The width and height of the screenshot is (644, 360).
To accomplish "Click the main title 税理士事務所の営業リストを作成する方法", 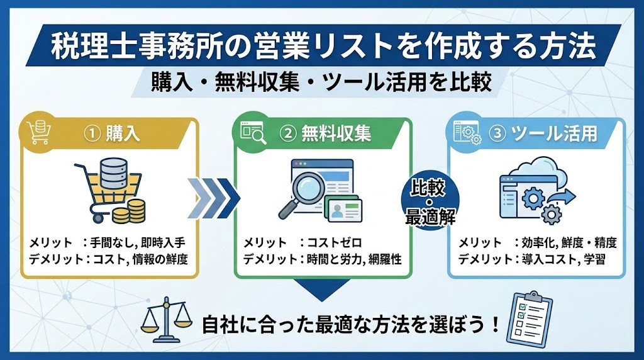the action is [322, 45].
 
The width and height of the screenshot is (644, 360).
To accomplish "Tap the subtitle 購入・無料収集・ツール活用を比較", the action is [322, 82].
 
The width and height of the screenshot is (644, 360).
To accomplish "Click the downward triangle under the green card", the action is [322, 290].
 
